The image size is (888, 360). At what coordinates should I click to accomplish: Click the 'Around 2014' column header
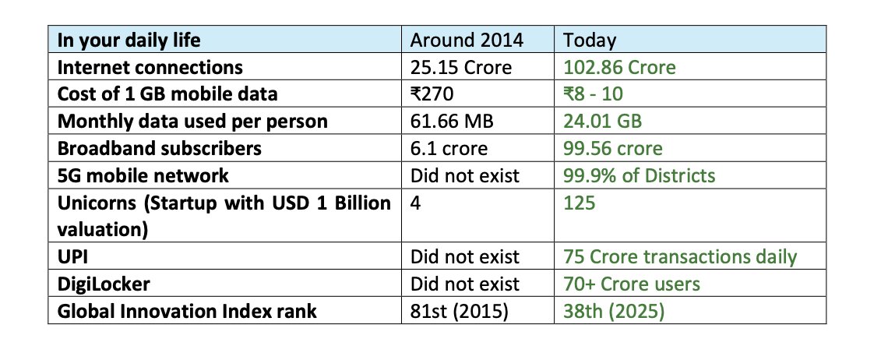467,41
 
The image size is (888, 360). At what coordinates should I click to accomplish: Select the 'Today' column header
589,41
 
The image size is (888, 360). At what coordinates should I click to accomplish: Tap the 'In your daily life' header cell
129,41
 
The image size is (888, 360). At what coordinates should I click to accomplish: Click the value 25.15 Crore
461,68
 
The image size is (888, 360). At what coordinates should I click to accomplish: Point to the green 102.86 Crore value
619,68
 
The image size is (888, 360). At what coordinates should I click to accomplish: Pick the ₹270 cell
432,94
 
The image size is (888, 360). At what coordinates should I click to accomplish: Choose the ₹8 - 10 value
593,94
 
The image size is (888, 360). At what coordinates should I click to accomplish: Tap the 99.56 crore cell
612,149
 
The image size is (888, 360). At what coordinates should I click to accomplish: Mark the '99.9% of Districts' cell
639,175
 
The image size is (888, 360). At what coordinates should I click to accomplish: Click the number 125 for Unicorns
579,203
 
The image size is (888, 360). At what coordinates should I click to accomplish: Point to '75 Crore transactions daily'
679,256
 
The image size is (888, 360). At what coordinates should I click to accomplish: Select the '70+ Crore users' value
632,284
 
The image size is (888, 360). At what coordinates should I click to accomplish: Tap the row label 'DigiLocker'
104,284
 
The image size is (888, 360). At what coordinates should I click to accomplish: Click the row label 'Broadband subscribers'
159,149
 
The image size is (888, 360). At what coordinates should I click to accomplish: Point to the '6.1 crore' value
449,149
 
